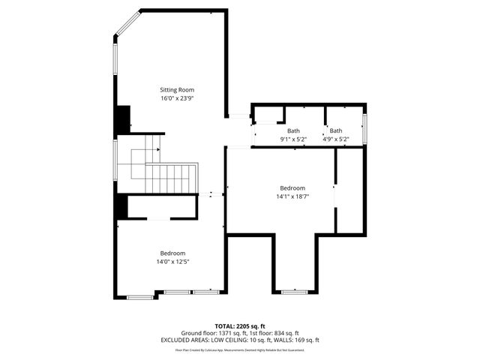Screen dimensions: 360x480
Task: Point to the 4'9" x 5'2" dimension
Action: coord(336,139)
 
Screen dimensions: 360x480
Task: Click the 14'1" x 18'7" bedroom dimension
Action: coord(292,196)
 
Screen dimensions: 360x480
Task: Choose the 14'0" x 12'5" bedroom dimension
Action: coord(172,262)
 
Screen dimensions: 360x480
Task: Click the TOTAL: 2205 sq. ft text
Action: coord(240,326)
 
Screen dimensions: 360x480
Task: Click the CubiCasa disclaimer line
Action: coord(240,349)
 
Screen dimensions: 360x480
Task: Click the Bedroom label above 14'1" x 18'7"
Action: coord(292,188)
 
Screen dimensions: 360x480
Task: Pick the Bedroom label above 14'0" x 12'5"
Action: coord(172,253)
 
